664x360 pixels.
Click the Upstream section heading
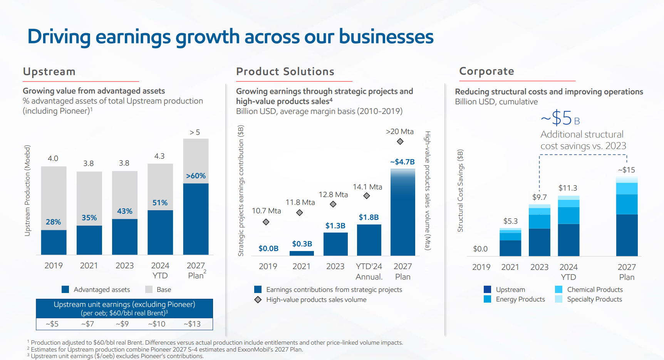click(49, 72)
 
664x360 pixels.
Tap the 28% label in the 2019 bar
click(53, 222)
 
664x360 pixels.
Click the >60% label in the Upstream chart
click(196, 176)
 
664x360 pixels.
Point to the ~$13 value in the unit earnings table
click(192, 324)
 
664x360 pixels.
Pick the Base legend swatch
click(149, 290)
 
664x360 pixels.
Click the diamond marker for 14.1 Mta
click(367, 196)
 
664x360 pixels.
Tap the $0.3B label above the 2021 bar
click(302, 244)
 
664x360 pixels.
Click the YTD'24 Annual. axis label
click(369, 271)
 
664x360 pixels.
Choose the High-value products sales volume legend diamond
click(258, 300)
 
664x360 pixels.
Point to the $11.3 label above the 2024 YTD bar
click(568, 188)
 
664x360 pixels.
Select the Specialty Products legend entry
click(594, 299)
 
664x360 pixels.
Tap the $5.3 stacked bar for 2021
click(510, 242)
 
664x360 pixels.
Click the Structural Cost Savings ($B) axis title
click(460, 191)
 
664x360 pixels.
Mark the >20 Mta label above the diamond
click(400, 132)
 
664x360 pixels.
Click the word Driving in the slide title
click(59, 37)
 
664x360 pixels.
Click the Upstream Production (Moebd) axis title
click(27, 191)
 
